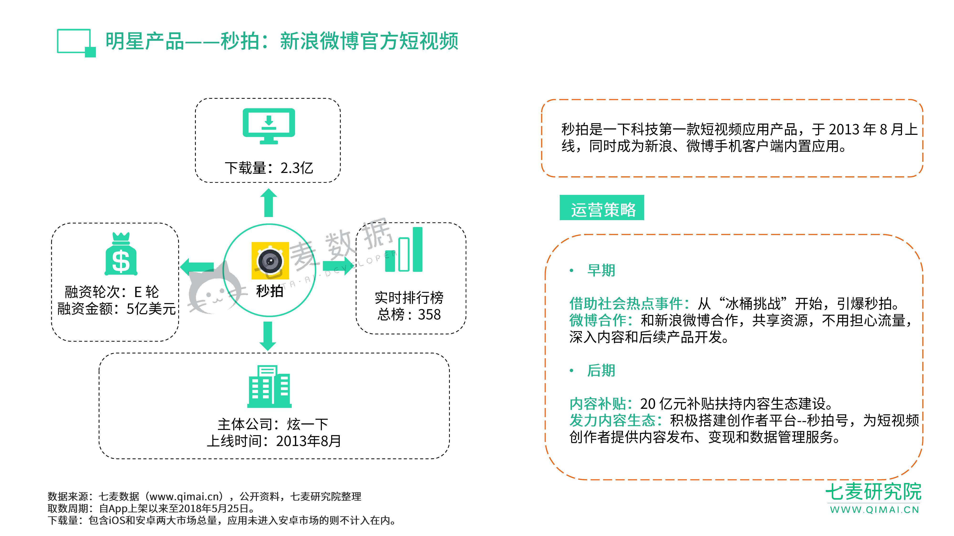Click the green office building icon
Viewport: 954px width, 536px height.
[269, 387]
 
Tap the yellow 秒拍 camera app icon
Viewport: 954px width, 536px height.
[270, 261]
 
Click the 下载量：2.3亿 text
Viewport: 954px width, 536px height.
[269, 168]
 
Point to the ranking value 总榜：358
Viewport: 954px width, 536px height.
[409, 314]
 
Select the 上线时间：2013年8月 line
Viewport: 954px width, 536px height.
[274, 441]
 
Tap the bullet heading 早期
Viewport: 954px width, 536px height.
[601, 270]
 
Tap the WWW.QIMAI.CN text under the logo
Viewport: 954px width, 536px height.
[874, 510]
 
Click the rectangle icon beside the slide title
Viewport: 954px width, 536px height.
[76, 43]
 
